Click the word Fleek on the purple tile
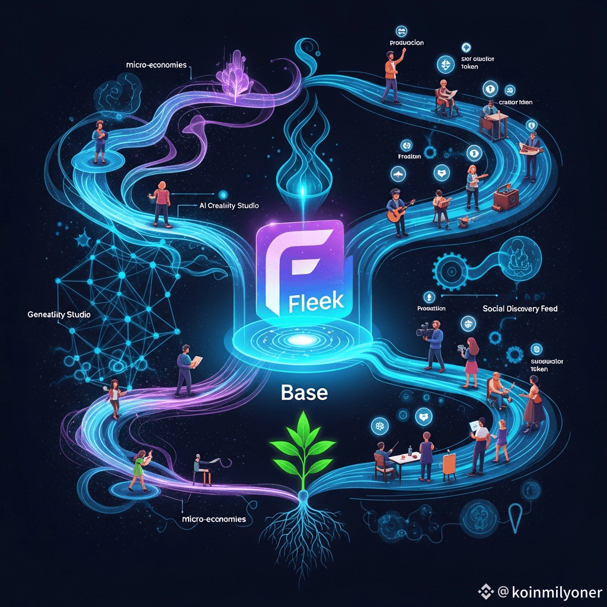click(x=315, y=301)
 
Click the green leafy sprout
click(x=302, y=441)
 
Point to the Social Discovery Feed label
click(x=520, y=308)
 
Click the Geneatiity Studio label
click(x=59, y=315)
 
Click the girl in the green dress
click(x=140, y=469)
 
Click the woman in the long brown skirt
click(x=533, y=404)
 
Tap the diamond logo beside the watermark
click(x=487, y=591)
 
